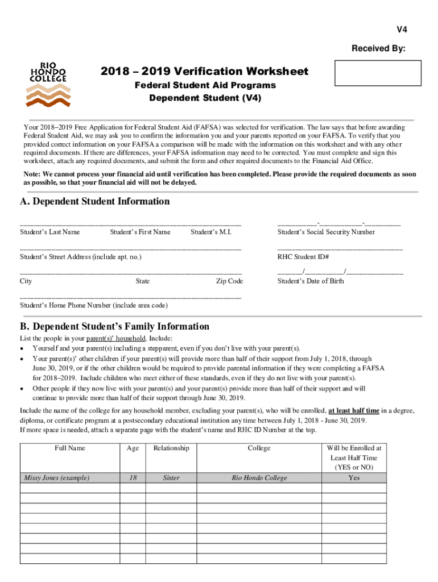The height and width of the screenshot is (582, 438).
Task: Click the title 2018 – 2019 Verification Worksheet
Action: (x=204, y=71)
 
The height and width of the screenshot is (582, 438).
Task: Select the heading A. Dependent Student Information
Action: (x=94, y=201)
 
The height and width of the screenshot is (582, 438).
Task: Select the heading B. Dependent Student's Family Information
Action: (x=114, y=326)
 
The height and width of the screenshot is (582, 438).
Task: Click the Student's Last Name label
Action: (x=49, y=232)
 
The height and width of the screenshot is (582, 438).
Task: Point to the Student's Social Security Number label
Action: (x=326, y=232)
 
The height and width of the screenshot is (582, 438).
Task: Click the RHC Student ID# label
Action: (x=303, y=257)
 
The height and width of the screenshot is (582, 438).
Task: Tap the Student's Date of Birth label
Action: (x=311, y=281)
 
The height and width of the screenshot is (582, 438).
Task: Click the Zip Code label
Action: (x=229, y=281)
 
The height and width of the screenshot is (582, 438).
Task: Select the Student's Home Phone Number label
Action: (x=94, y=305)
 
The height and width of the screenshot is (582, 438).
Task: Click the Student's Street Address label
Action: (x=80, y=257)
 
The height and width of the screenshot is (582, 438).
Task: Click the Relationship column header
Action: (x=171, y=448)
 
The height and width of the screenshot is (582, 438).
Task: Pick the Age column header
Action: (x=133, y=448)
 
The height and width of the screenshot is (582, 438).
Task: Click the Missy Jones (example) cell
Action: (x=56, y=477)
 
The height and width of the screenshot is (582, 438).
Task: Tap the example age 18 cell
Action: (x=133, y=477)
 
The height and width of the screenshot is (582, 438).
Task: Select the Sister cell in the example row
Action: (x=171, y=477)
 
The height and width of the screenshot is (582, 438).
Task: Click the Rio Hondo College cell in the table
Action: (x=259, y=477)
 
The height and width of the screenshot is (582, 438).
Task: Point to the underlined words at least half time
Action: (x=354, y=410)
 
